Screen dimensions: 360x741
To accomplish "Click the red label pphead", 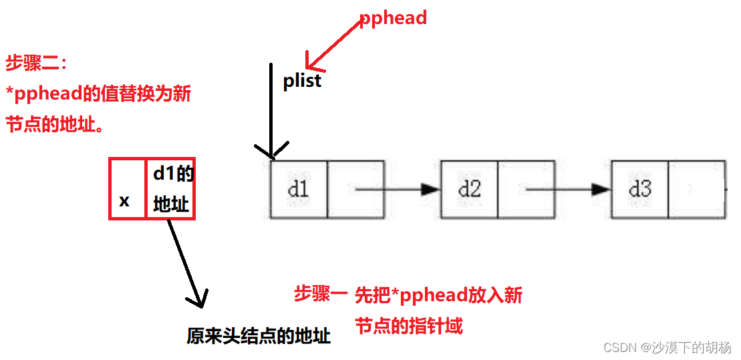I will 393,18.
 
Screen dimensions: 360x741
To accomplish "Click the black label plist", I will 302,81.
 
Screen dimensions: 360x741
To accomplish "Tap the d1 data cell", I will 299,189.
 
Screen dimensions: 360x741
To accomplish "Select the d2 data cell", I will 470,189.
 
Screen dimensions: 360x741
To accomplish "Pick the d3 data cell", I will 640,189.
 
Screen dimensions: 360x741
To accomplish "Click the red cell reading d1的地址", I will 171,189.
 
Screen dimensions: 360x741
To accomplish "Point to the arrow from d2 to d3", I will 568,189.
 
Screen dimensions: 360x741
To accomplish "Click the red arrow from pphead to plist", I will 334,44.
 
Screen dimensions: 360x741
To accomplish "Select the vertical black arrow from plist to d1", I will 271,110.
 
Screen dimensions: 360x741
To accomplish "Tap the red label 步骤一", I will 321,293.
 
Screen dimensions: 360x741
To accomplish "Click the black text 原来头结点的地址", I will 259,336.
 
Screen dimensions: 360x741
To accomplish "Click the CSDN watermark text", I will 667,347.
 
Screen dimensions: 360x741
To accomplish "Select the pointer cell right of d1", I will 355,189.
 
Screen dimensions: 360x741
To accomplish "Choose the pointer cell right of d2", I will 526,189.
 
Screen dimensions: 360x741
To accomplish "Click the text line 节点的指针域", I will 409,326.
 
